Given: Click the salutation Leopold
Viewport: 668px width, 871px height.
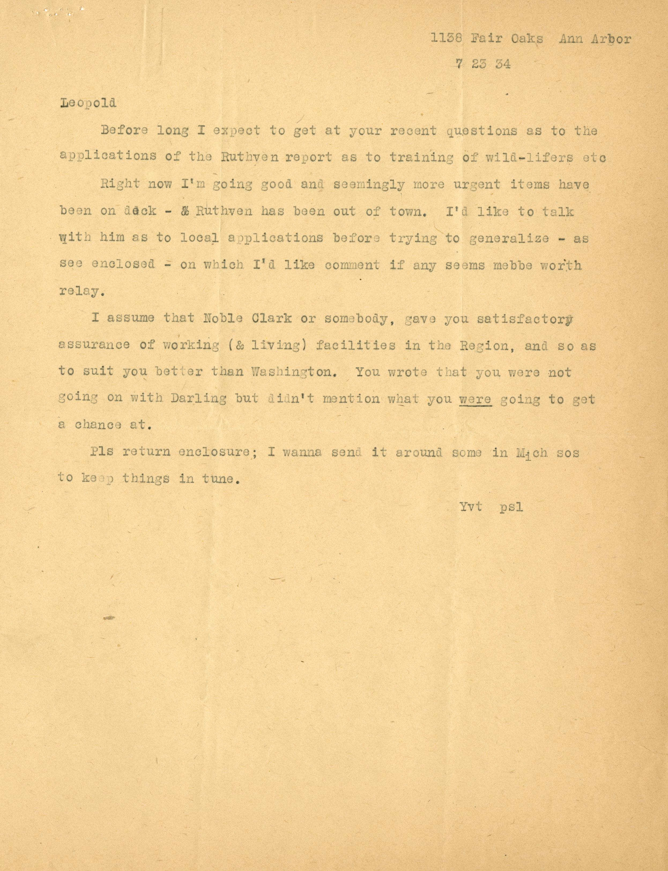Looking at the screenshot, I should click(88, 104).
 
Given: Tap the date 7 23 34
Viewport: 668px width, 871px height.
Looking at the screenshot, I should click(483, 64).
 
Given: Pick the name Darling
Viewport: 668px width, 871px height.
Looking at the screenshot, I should click(199, 399).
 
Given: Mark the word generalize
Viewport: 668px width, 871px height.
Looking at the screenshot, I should click(509, 238).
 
